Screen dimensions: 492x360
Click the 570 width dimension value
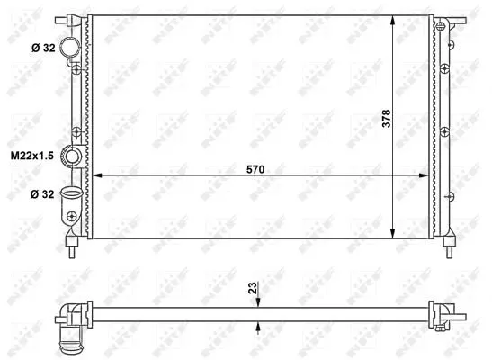point(255,169)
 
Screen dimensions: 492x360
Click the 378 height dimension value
point(386,118)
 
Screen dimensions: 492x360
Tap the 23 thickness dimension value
point(252,288)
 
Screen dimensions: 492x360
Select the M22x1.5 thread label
point(32,156)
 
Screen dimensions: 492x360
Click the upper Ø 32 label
point(43,48)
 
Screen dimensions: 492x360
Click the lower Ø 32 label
point(42,194)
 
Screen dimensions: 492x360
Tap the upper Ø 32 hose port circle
point(69,47)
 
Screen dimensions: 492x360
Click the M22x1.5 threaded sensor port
point(73,157)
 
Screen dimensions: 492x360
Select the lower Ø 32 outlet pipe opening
point(72,192)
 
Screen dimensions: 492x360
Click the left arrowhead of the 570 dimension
point(97,175)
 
